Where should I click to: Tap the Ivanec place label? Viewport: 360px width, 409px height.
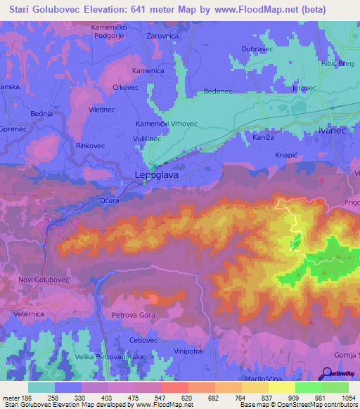(x=334, y=131)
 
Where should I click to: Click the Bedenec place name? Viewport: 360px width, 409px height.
(x=217, y=92)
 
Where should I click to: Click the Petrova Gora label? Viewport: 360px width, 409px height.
(x=134, y=317)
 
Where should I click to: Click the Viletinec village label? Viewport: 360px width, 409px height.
(x=82, y=110)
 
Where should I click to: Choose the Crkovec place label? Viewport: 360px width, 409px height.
(x=126, y=88)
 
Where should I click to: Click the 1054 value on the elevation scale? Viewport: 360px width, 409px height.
(x=347, y=398)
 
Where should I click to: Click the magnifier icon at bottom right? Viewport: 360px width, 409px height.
(x=327, y=374)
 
